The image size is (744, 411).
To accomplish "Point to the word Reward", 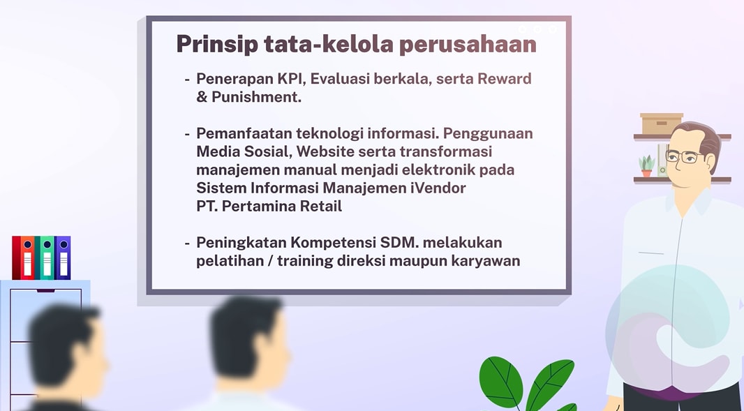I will point(503,79).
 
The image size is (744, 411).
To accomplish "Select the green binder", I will point(46,257).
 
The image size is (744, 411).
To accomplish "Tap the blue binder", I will point(63,257).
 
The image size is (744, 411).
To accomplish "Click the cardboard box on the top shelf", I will point(661,124).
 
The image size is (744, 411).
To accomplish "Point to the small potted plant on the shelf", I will point(647,166).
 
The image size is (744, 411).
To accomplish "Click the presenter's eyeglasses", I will point(683,156).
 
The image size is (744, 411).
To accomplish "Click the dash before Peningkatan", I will point(187,244).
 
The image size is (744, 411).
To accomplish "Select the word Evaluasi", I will point(340,79).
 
